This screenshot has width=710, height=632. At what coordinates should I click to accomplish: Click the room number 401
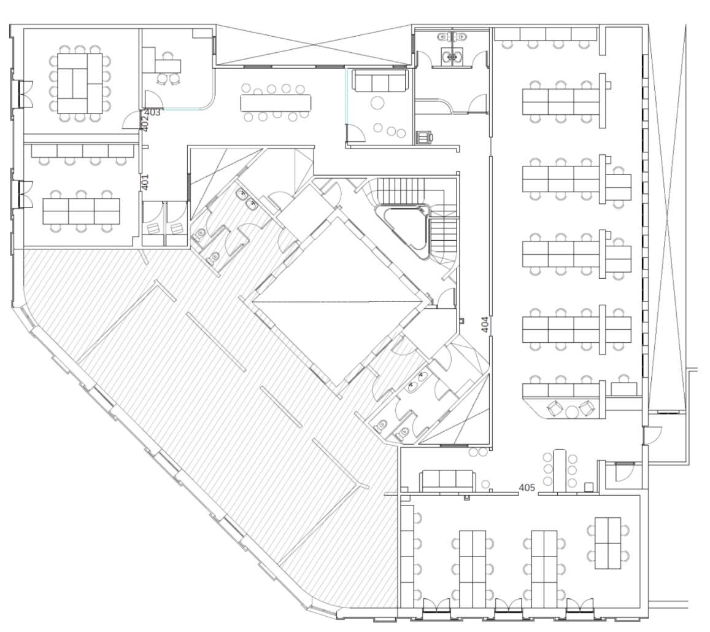coord(145,182)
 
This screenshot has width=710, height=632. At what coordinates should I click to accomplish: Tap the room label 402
coord(145,124)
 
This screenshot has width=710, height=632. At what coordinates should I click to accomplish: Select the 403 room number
coord(152,112)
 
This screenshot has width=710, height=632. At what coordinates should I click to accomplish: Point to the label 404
coord(485,324)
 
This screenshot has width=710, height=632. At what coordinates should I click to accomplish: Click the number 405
coord(527,488)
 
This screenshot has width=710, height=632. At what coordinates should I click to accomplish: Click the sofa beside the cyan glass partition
coord(380,80)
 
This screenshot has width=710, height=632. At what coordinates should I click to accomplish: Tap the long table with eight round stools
coord(276,103)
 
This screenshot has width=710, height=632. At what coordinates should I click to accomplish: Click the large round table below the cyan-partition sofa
coord(377,103)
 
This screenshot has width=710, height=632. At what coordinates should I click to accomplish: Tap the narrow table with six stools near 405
coord(560,470)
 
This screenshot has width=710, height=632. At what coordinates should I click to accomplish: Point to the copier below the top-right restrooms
coord(424,137)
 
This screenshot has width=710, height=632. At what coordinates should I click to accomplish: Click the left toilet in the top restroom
coord(442,36)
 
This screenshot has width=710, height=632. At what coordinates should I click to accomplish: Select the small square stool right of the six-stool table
coord(588,487)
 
